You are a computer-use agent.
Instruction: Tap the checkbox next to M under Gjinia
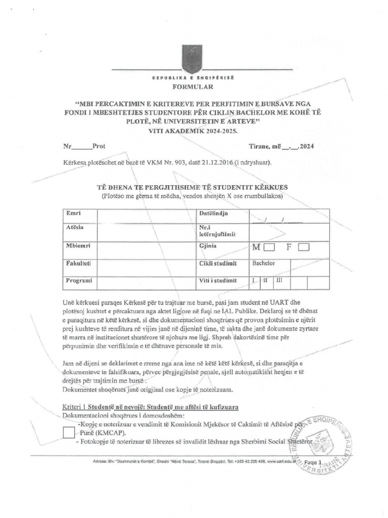pos(269,247)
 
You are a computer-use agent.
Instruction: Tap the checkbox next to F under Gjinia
pos(304,247)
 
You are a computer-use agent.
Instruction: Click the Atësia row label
pos(75,227)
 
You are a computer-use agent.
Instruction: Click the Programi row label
pos(78,280)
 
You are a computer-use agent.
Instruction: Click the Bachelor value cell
pos(263,264)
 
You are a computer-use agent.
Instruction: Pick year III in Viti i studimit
pos(279,280)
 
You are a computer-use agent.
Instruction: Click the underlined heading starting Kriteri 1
pos(151,407)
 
